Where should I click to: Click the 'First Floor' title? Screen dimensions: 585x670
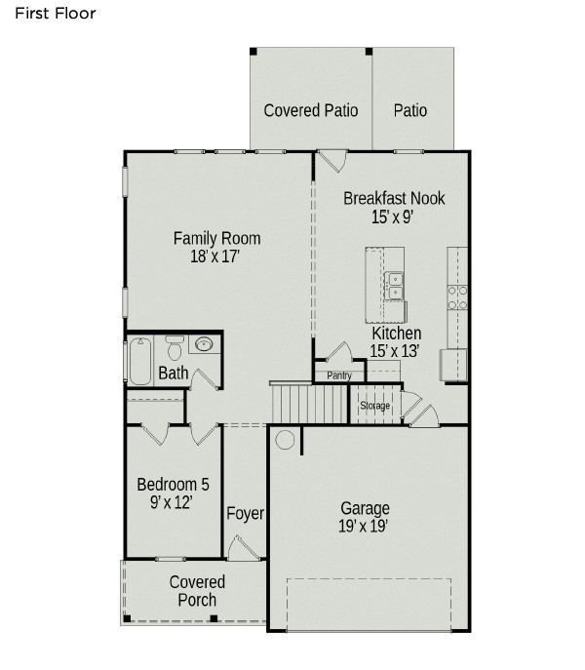56,14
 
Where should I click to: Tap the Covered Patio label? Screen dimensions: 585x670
311,110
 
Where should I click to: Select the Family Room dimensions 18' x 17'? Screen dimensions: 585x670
214,256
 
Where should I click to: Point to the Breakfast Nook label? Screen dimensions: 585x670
394,198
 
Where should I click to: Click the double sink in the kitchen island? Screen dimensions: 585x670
394,286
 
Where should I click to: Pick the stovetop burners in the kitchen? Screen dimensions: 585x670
457,297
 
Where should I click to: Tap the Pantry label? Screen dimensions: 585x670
339,375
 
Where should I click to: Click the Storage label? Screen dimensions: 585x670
374,405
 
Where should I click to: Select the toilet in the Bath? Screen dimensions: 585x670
175,347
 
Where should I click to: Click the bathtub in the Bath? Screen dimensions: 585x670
140,361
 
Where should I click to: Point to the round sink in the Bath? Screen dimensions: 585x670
204,343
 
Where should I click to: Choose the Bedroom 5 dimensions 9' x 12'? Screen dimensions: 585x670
171,502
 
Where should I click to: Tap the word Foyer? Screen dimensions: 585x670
245,513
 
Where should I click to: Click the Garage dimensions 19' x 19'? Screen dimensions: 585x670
364,526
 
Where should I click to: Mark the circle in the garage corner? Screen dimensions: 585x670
285,440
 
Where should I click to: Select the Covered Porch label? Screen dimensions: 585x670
197,591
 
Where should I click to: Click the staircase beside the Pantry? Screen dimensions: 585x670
310,403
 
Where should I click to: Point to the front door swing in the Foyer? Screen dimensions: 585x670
243,548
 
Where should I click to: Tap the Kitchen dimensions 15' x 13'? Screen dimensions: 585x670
395,351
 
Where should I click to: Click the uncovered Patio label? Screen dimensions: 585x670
410,110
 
